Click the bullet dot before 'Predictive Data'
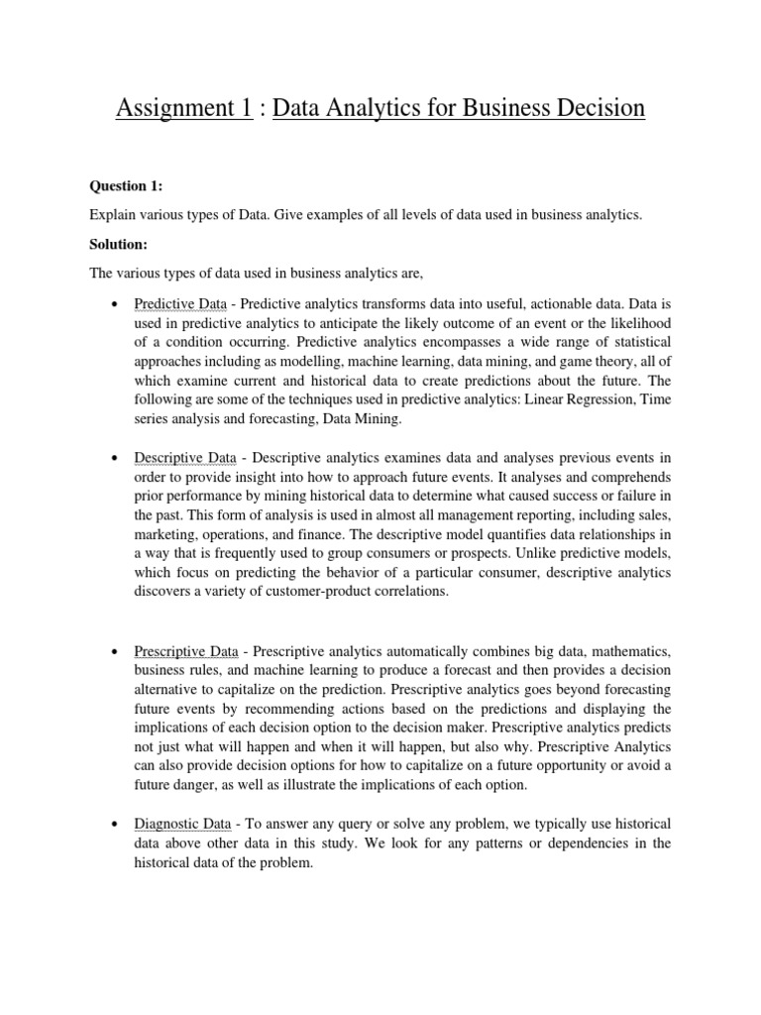117,304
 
